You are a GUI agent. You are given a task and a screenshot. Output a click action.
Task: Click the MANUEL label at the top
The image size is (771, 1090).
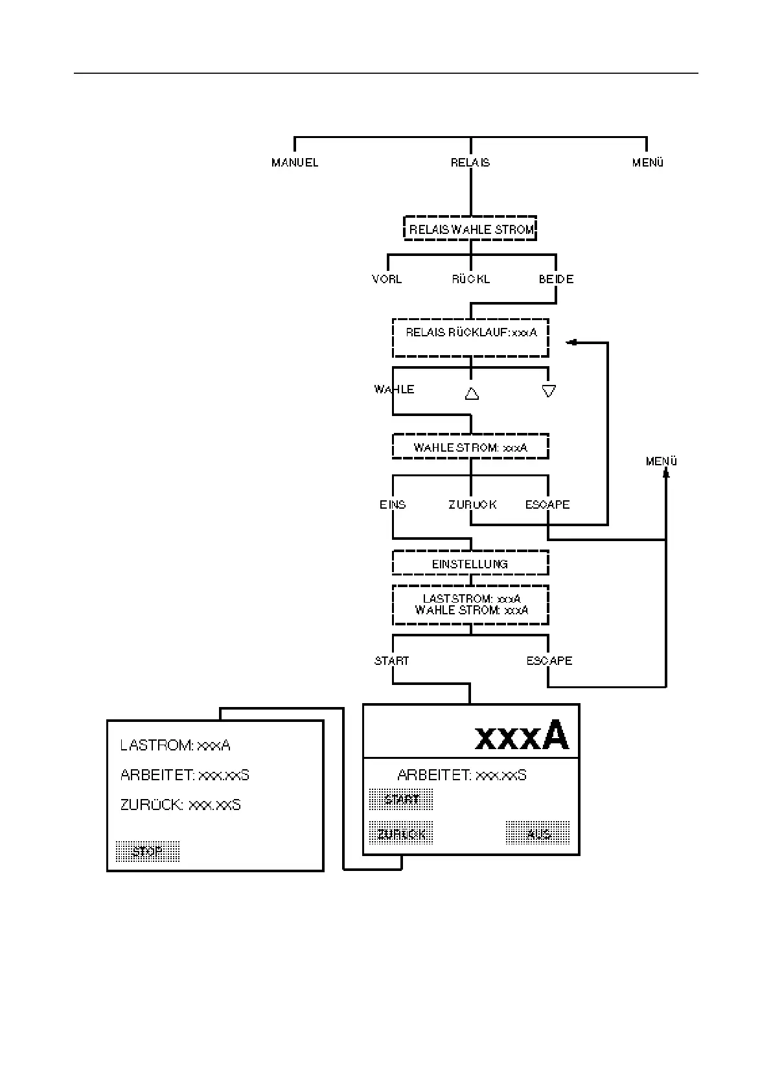tap(295, 163)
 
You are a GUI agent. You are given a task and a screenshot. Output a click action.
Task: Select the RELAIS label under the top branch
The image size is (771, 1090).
tap(470, 163)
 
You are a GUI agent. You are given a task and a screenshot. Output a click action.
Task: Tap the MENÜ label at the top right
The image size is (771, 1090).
tap(648, 163)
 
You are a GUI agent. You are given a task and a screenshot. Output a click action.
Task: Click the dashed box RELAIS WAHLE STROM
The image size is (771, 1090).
tap(471, 229)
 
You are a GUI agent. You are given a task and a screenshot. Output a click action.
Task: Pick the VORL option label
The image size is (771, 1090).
tap(387, 279)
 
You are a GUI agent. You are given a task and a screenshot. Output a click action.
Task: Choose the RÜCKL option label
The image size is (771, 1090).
tap(471, 279)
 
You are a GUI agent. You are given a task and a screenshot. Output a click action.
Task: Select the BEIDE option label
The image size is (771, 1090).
tap(556, 279)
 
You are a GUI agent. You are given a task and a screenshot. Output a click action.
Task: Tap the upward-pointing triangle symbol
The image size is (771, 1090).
tap(472, 393)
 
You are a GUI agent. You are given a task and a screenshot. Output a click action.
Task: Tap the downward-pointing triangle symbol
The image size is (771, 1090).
tap(549, 391)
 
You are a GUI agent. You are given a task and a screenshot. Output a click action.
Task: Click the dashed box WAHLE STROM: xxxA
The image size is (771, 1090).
tap(471, 447)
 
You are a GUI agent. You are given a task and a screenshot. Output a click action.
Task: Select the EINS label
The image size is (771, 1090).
tap(393, 504)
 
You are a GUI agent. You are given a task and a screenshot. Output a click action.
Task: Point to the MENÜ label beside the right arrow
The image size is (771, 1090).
tap(662, 461)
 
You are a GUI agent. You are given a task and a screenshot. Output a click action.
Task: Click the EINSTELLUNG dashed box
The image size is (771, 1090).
tap(471, 564)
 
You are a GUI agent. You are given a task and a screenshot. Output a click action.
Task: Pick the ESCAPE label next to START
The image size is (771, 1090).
tap(549, 661)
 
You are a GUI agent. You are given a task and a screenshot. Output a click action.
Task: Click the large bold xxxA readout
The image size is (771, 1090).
tap(522, 736)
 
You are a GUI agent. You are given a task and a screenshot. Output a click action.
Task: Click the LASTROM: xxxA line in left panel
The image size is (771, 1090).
tap(175, 745)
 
